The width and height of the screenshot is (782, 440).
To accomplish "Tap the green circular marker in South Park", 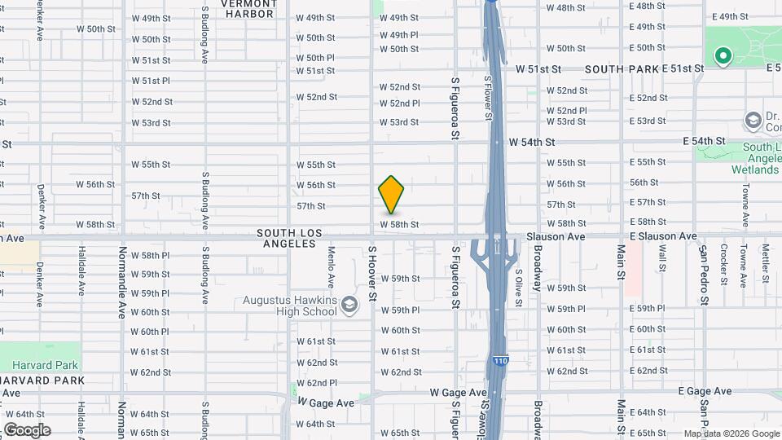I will pyautogui.click(x=721, y=56).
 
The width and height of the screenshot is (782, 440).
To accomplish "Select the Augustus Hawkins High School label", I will pyautogui.click(x=289, y=306).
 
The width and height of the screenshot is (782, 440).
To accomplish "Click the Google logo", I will pyautogui.click(x=27, y=429).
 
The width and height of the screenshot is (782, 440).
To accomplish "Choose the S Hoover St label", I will pyautogui.click(x=371, y=273).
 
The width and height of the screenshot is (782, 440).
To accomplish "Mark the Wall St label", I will pyautogui.click(x=662, y=257).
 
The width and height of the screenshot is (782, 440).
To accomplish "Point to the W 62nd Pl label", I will pyautogui.click(x=317, y=383).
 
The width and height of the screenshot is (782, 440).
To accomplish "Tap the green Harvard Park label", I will pyautogui.click(x=50, y=365).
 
